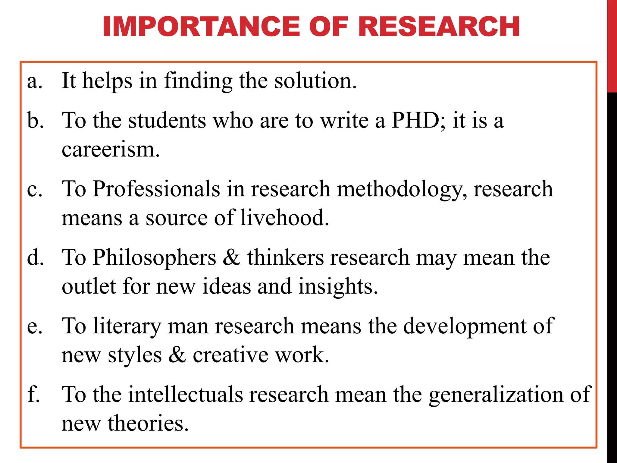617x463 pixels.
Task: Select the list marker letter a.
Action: click(x=34, y=82)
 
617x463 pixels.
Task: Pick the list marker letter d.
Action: click(x=35, y=258)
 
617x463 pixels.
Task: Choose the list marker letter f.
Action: click(x=33, y=394)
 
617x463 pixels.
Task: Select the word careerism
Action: click(x=110, y=150)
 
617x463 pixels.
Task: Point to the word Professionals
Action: click(x=156, y=189)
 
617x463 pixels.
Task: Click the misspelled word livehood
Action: click(x=284, y=217)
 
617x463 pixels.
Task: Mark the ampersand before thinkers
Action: click(x=231, y=258)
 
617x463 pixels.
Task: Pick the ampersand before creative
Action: click(x=177, y=355)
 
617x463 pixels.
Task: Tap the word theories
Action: click(x=148, y=423)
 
